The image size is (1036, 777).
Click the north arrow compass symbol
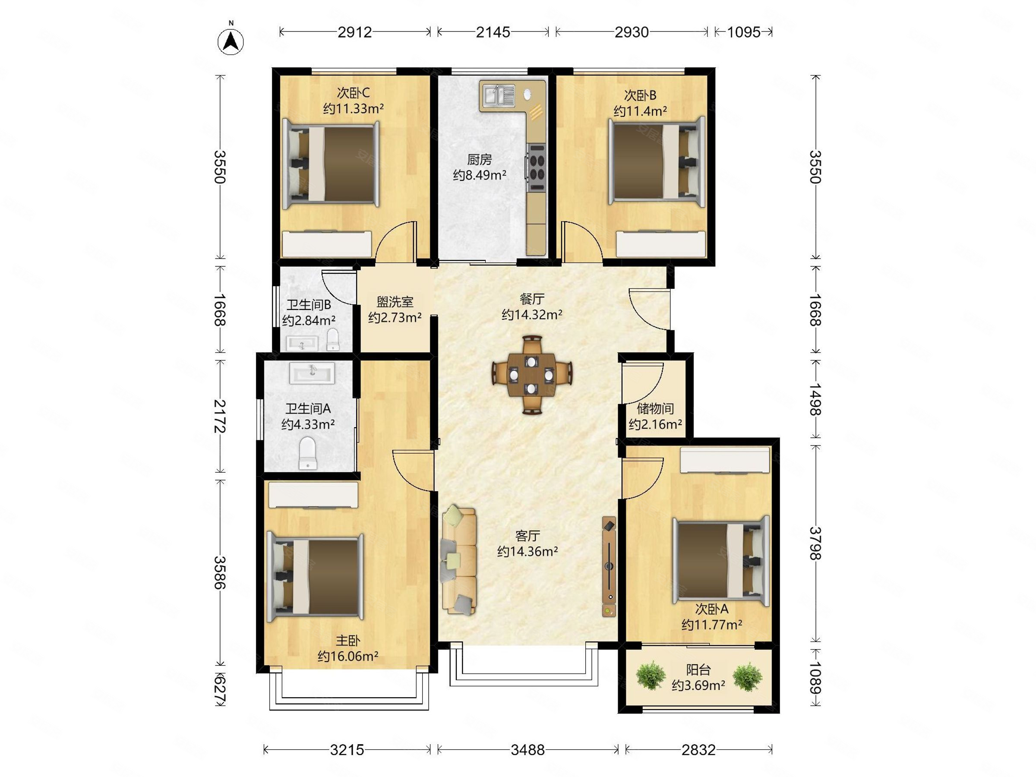[x=231, y=41]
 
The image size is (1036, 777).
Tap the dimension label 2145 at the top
[x=493, y=32]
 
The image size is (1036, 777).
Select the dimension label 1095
[x=743, y=32]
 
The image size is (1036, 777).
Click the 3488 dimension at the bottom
[x=527, y=750]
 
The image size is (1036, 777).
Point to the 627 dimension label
[x=220, y=689]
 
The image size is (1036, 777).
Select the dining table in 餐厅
[x=531, y=375]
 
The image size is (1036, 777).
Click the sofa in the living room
[x=458, y=560]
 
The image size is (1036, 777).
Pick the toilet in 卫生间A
[x=308, y=452]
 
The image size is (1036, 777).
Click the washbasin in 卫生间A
[x=312, y=373]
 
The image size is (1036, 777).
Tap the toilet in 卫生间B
[x=332, y=339]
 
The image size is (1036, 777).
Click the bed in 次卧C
[x=331, y=164]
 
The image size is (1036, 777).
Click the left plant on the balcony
[x=651, y=676]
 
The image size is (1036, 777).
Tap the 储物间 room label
[x=655, y=408]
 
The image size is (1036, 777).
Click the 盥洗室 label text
[x=395, y=302]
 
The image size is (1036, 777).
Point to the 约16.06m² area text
[x=348, y=656]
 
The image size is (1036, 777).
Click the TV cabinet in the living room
[x=609, y=567]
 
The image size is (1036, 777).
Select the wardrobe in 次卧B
[x=661, y=243]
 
